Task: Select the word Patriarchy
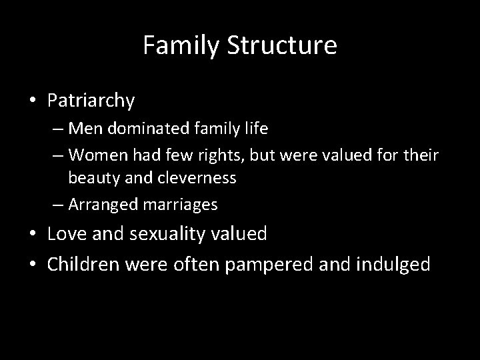point(91,101)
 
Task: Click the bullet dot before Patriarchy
point(33,101)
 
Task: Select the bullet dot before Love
point(33,234)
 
